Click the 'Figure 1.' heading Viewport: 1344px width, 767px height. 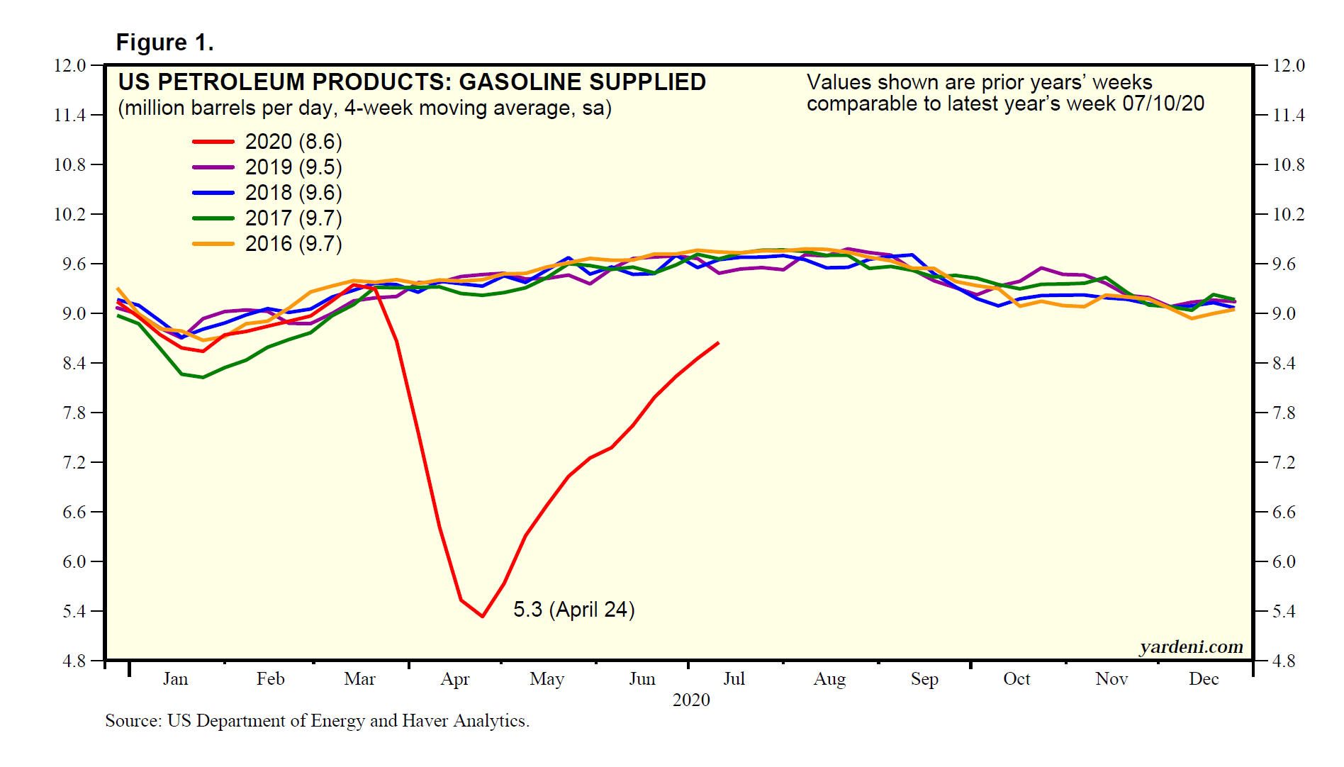[x=164, y=43]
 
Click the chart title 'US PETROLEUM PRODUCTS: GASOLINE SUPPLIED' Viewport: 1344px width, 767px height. [x=412, y=82]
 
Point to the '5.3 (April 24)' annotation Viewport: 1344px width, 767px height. [x=573, y=610]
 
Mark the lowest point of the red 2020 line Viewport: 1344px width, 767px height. [x=482, y=616]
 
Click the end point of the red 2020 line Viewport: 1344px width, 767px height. [x=719, y=343]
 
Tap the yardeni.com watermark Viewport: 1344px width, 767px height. [x=1191, y=646]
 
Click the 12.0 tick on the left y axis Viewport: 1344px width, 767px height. [x=69, y=66]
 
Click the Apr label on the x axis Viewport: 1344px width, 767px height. [x=454, y=679]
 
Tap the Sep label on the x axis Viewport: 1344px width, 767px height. [x=924, y=679]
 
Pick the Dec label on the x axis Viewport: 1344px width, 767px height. [x=1203, y=679]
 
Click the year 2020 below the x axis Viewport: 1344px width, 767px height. [x=691, y=700]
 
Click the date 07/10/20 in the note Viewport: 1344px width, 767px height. [x=1163, y=103]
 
